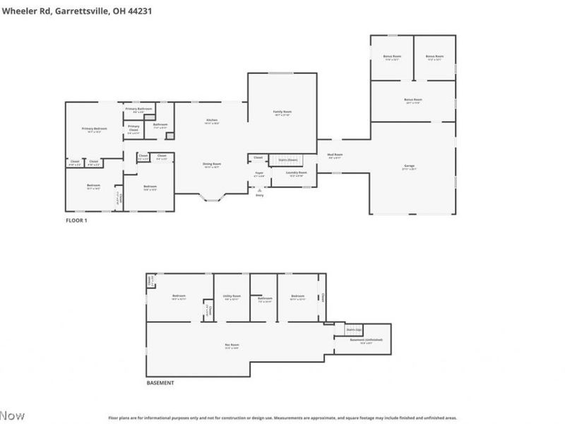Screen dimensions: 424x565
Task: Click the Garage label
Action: coord(409,167)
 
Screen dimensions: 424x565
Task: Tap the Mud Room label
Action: coord(335,155)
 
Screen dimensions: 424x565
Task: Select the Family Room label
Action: coord(282,112)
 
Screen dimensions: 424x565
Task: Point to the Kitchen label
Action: coord(211,121)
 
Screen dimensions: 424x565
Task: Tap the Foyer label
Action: coord(259,174)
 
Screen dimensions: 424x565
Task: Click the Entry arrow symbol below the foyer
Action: coord(259,189)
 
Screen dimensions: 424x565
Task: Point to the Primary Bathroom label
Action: coord(138,110)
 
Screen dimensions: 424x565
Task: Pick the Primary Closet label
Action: coord(133,128)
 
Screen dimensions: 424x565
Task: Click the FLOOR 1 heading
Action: coord(76,220)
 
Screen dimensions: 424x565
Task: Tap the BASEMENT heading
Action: coord(160,383)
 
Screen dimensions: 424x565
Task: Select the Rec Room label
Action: coord(232,346)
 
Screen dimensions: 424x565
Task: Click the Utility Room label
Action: coord(232,297)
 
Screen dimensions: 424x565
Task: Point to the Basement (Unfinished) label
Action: coord(366,341)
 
